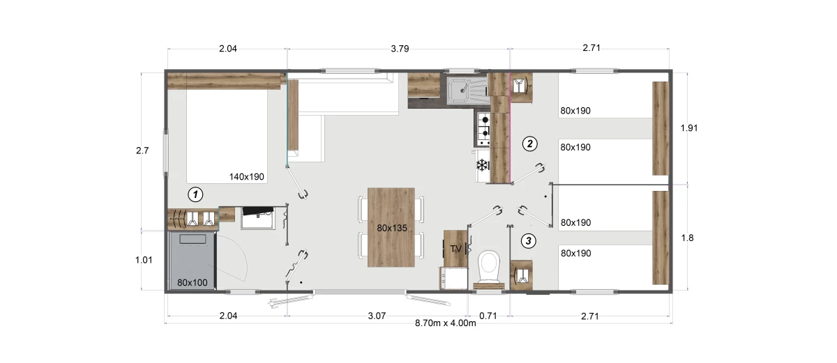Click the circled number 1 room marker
[x=195, y=194]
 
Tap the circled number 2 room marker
[x=529, y=144]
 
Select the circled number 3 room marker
[x=529, y=241]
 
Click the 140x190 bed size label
[x=247, y=177]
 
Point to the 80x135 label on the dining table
[x=392, y=228]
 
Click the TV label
[x=456, y=249]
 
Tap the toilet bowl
[x=489, y=266]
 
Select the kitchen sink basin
[x=459, y=90]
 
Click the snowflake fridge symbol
[x=482, y=165]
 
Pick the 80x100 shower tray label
[x=192, y=283]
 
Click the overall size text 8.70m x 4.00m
[x=446, y=323]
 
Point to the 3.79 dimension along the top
[x=400, y=49]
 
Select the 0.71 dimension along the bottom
[x=488, y=316]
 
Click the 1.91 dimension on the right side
[x=689, y=128]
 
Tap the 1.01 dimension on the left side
[x=144, y=260]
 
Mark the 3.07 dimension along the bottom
[x=377, y=316]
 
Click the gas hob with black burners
[x=483, y=129]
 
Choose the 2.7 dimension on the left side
[x=142, y=150]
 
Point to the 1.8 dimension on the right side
[x=688, y=238]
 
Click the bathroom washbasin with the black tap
[x=258, y=218]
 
